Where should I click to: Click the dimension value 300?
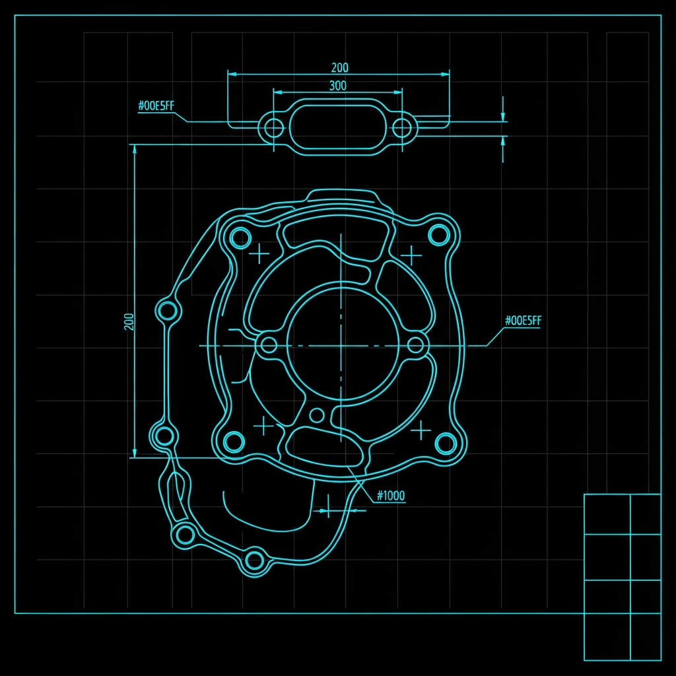(337, 85)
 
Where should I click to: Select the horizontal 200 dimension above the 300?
(340, 68)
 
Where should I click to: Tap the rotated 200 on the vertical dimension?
(129, 321)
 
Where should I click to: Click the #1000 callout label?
(391, 495)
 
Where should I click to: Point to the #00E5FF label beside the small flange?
(156, 106)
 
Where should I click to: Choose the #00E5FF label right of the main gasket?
(523, 321)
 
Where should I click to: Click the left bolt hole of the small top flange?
(273, 128)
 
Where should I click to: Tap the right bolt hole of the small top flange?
(402, 128)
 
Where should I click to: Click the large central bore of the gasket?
(343, 344)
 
